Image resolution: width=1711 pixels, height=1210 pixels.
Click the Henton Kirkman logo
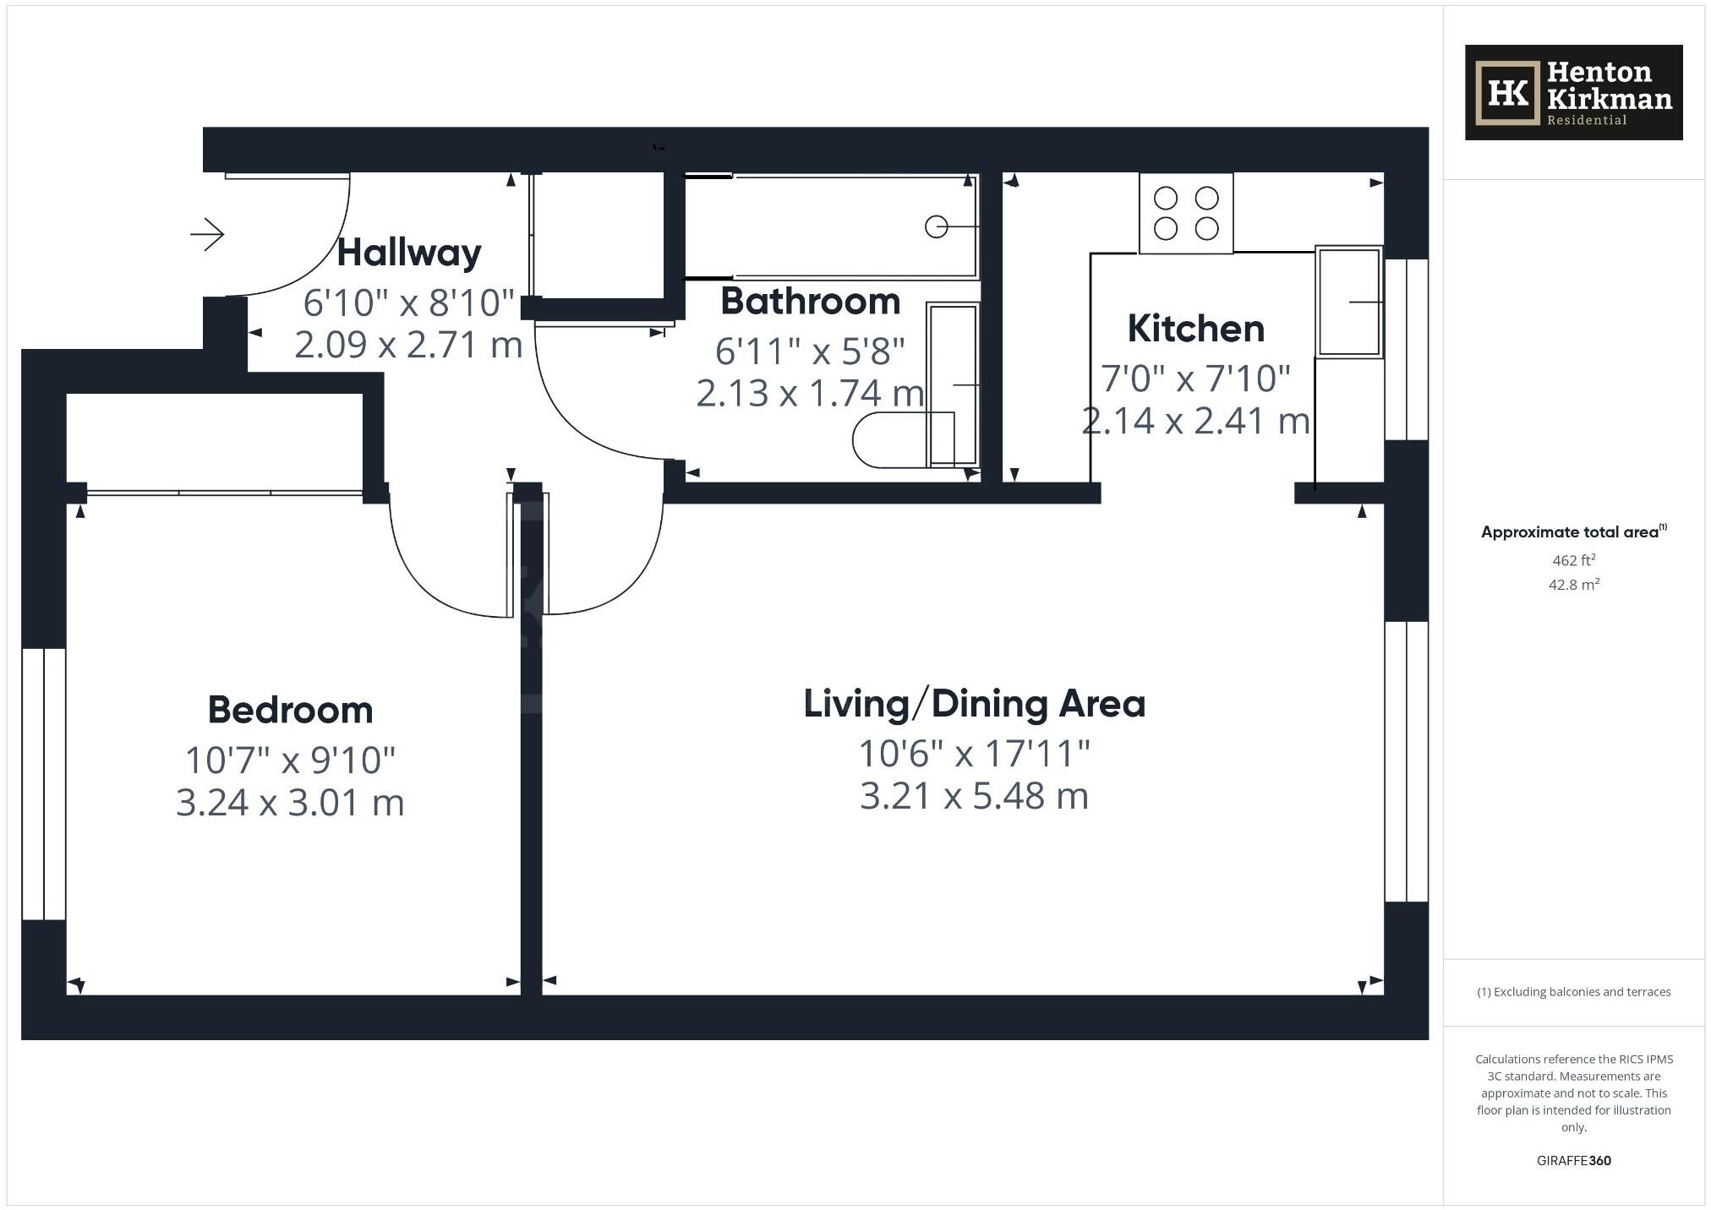pyautogui.click(x=1572, y=92)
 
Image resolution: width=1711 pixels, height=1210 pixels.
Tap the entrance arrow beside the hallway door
pyautogui.click(x=207, y=234)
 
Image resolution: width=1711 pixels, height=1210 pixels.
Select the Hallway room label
pyautogui.click(x=409, y=253)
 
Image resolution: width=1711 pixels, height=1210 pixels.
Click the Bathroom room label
pyautogui.click(x=810, y=302)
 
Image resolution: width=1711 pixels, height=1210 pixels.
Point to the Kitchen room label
pyautogui.click(x=1195, y=329)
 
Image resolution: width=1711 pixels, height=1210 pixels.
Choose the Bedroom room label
pyautogui.click(x=290, y=710)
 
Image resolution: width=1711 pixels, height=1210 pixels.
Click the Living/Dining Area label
pyautogui.click(x=974, y=704)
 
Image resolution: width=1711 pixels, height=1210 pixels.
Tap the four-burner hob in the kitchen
pyautogui.click(x=1185, y=213)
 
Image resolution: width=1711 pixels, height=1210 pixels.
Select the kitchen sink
pyautogui.click(x=1348, y=302)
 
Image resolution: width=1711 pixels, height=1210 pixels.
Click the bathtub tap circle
pyautogui.click(x=936, y=226)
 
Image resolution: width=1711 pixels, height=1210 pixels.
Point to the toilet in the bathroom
pyautogui.click(x=896, y=439)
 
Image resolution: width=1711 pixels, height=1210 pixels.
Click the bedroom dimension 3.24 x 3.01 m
pyautogui.click(x=290, y=803)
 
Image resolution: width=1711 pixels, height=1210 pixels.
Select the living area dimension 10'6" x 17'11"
pyautogui.click(x=974, y=754)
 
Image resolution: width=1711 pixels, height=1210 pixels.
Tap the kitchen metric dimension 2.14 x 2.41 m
pyautogui.click(x=1195, y=421)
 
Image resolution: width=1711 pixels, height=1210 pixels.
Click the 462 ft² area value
pyautogui.click(x=1573, y=560)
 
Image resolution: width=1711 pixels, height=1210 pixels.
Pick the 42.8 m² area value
pyautogui.click(x=1573, y=585)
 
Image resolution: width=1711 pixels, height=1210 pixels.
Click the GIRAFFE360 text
pyautogui.click(x=1573, y=1160)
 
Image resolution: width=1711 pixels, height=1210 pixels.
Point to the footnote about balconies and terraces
pyautogui.click(x=1573, y=992)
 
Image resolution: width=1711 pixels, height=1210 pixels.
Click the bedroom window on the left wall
pyautogui.click(x=43, y=783)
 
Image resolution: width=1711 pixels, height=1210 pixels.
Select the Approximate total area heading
pyautogui.click(x=1572, y=531)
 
